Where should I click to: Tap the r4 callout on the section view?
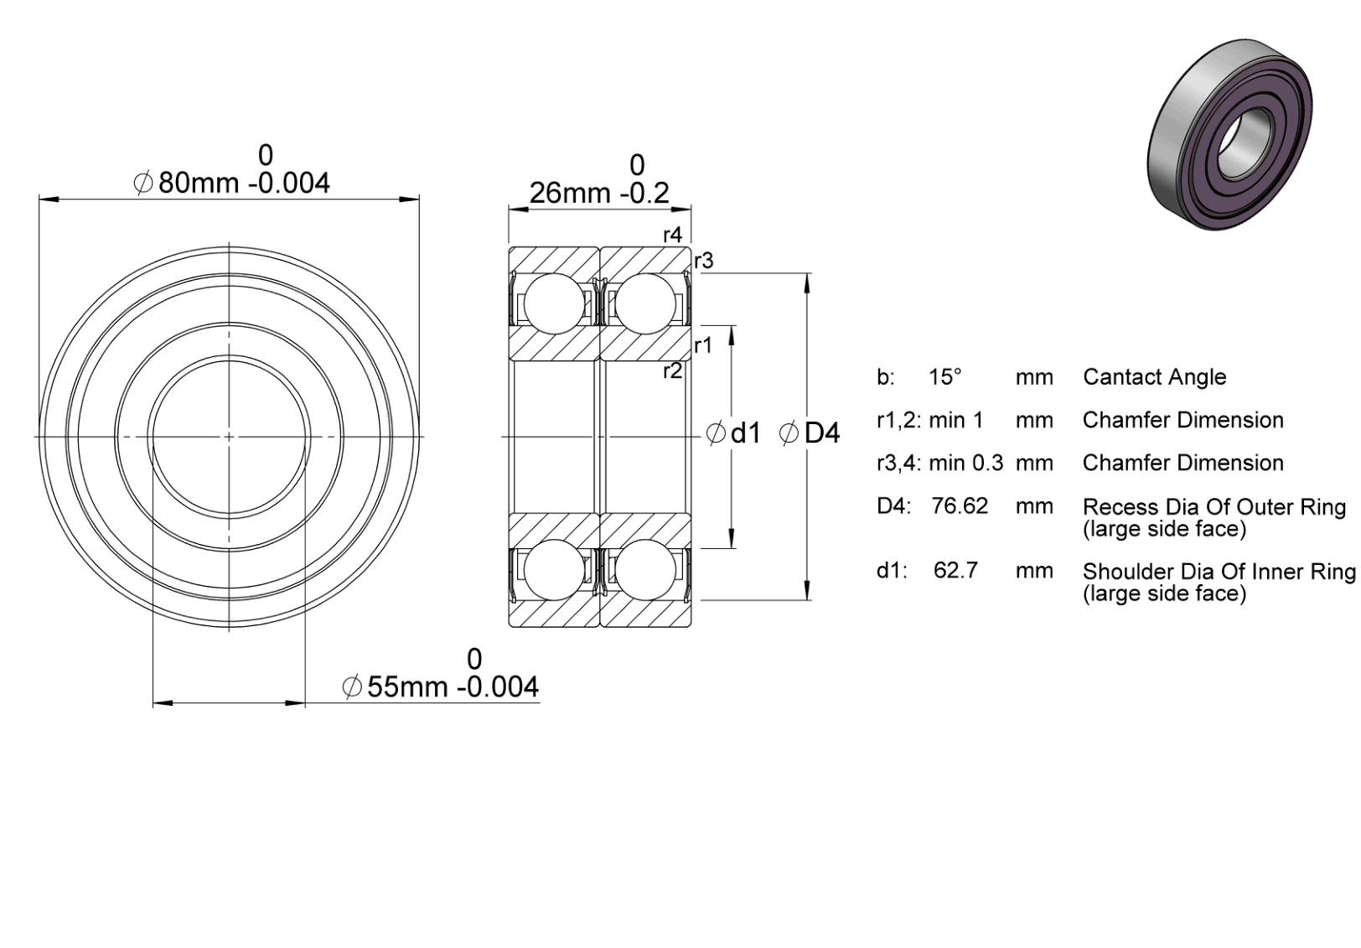(673, 236)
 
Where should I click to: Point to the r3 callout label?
(704, 261)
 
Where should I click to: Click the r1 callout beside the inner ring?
(702, 346)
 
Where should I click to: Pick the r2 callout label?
(673, 370)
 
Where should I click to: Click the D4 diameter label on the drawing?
(810, 433)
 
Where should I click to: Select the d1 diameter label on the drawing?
(734, 433)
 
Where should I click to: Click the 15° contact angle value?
(945, 377)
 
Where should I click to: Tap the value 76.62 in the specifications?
(960, 506)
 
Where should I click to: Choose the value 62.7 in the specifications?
(955, 571)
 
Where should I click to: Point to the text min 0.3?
(966, 464)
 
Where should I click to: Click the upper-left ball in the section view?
(554, 303)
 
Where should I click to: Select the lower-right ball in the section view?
(645, 570)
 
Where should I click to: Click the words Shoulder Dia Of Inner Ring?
(1219, 572)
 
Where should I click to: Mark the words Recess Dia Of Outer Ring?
(1214, 507)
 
